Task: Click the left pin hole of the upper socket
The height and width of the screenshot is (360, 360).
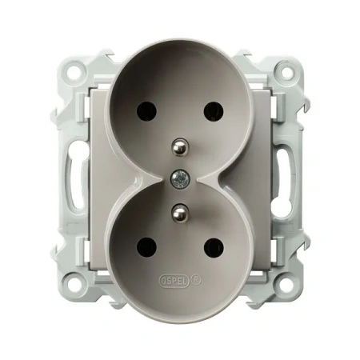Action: [x=146, y=111]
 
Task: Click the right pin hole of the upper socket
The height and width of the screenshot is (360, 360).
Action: [x=214, y=111]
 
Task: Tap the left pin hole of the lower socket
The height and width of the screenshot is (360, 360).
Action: [x=146, y=247]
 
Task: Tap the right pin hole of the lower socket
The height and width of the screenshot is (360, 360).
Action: [x=214, y=247]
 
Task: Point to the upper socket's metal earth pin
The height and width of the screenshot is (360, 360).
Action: [x=180, y=146]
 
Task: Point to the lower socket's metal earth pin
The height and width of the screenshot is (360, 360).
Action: [x=180, y=212]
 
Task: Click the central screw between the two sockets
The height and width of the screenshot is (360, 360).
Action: [x=180, y=178]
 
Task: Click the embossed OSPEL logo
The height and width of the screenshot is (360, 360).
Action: [x=174, y=281]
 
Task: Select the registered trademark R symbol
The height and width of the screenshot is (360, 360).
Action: [x=197, y=280]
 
